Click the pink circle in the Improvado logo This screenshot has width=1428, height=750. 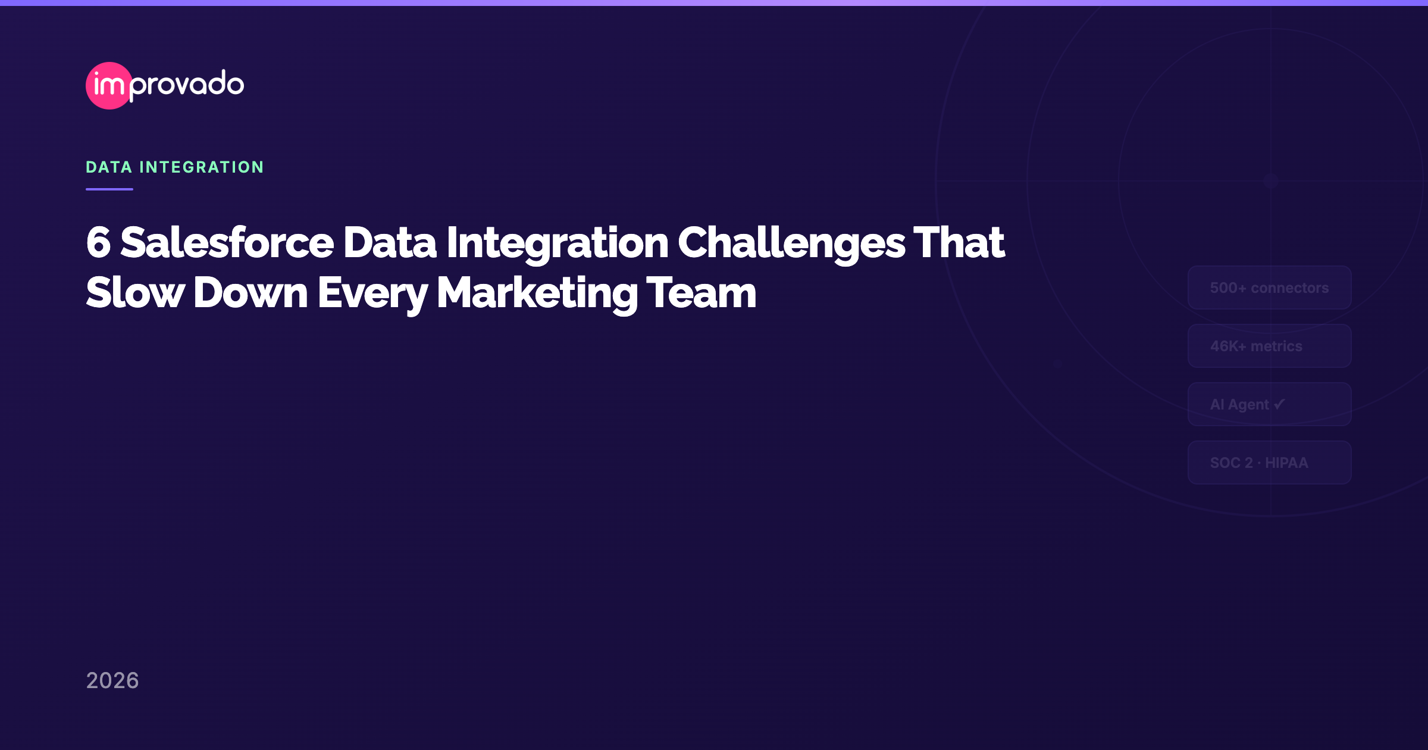tap(109, 86)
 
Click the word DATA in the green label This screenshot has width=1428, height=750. tap(109, 167)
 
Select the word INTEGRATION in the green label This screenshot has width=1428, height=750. tap(202, 167)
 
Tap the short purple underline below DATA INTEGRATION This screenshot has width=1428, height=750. tap(109, 189)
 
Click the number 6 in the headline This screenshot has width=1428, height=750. tap(99, 243)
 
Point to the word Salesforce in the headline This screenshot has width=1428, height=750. tap(227, 243)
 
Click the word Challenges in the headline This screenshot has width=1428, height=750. tap(791, 243)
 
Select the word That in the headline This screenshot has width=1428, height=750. tap(959, 243)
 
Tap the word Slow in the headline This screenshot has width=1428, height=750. tap(135, 293)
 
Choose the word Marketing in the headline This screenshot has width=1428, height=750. tap(537, 293)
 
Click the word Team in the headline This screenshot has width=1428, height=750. tap(702, 293)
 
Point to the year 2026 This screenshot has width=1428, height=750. tap(112, 680)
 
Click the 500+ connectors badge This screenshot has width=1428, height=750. tap(1269, 288)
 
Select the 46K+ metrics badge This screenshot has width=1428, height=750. tap(1269, 346)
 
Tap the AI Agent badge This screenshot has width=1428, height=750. tap(1269, 405)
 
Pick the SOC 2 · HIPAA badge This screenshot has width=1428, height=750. tap(1269, 463)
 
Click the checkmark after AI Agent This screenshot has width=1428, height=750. tap(1279, 404)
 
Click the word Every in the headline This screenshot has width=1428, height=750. tap(372, 293)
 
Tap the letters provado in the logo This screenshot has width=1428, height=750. tap(187, 85)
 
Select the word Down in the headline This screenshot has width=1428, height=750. tap(250, 293)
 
